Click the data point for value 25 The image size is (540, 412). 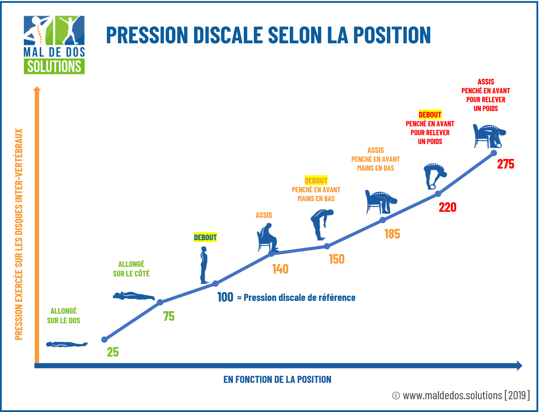point(104,340)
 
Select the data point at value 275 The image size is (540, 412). point(493,153)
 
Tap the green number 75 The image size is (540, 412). point(169,316)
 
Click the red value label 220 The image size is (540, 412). point(447,207)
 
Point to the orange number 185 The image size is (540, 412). point(392,234)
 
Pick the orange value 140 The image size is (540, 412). point(280,269)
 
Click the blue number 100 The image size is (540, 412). point(225,297)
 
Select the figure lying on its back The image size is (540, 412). point(67,344)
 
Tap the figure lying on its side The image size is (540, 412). point(134,296)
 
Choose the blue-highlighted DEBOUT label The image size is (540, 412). point(205,237)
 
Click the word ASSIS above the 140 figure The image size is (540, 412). point(264,215)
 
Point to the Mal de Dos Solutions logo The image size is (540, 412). point(54,45)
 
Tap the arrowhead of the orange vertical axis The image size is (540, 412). point(37,89)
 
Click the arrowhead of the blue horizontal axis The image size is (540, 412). point(519,366)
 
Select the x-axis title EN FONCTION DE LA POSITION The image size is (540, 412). point(277,379)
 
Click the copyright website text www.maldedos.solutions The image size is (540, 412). point(452,395)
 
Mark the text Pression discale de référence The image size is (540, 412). point(299,297)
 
